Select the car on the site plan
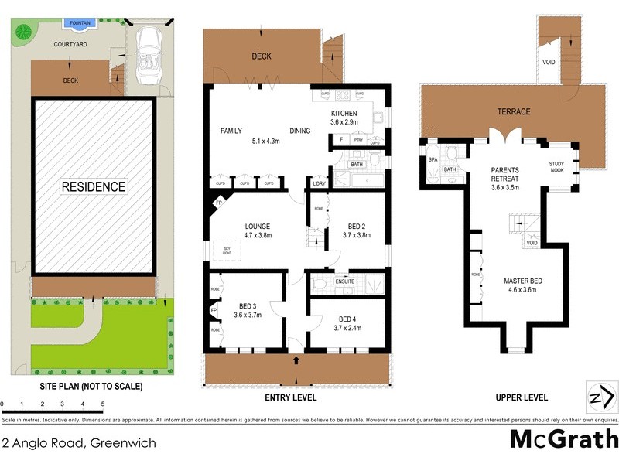(146, 56)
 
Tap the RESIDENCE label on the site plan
(93, 187)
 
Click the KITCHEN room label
(344, 114)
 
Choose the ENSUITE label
(344, 281)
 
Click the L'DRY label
(318, 183)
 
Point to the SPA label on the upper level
(433, 159)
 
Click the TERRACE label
(514, 112)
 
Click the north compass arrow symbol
(601, 397)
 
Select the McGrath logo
(563, 439)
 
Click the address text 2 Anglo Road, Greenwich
(79, 443)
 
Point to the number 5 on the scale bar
(102, 404)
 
